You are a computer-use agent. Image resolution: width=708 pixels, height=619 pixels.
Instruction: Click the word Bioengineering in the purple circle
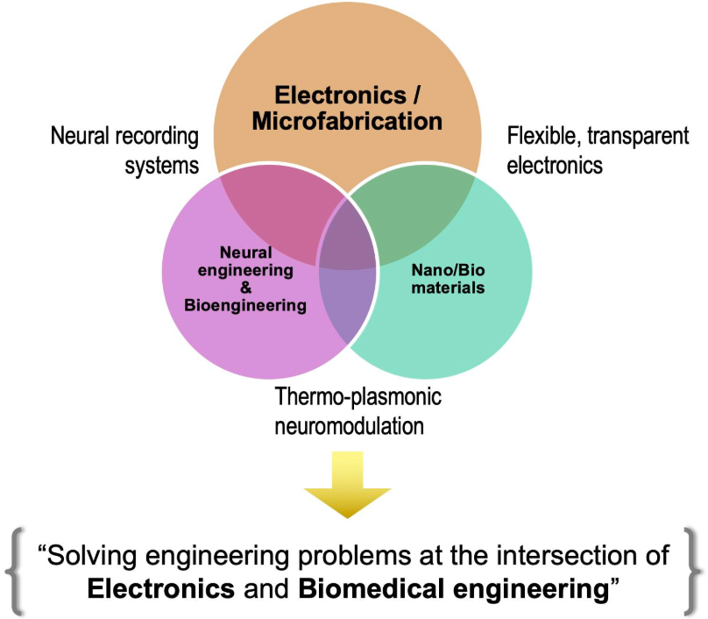[245, 305]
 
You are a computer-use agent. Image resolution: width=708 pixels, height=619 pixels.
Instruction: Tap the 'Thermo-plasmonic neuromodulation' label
[358, 410]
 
